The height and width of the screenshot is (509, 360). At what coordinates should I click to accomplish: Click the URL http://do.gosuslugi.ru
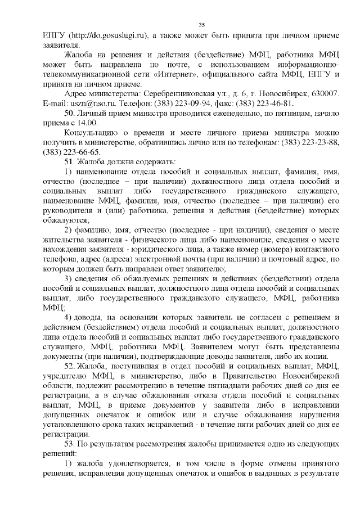pyautogui.click(x=107, y=35)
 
